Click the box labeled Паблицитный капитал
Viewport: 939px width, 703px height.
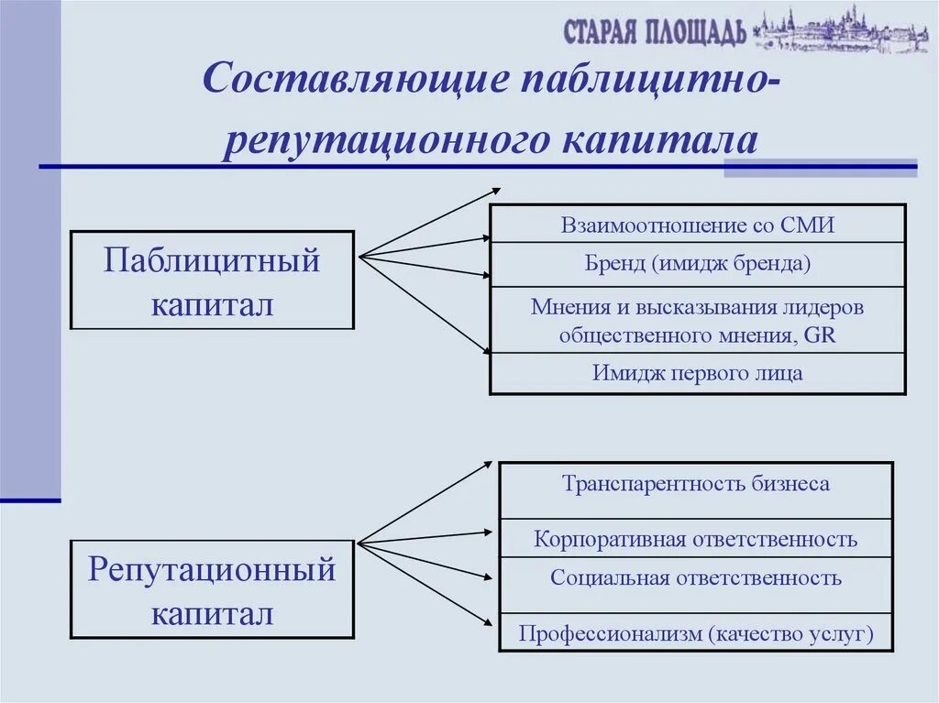212,280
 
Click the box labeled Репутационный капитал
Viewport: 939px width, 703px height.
212,589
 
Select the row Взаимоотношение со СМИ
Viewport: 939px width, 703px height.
698,225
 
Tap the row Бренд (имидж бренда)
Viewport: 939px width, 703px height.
698,265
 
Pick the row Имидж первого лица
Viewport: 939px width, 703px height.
698,373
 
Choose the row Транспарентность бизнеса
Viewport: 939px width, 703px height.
696,484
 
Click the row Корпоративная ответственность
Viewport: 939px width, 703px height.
696,539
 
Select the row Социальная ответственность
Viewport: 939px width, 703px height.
696,578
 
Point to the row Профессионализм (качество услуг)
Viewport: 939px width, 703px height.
696,633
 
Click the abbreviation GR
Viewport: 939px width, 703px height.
819,335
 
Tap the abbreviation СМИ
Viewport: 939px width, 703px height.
808,225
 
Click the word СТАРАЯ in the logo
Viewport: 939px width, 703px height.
600,32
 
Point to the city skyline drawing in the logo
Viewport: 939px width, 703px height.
840,31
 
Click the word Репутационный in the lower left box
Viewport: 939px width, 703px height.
212,571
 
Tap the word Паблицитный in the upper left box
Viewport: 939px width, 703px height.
212,261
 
